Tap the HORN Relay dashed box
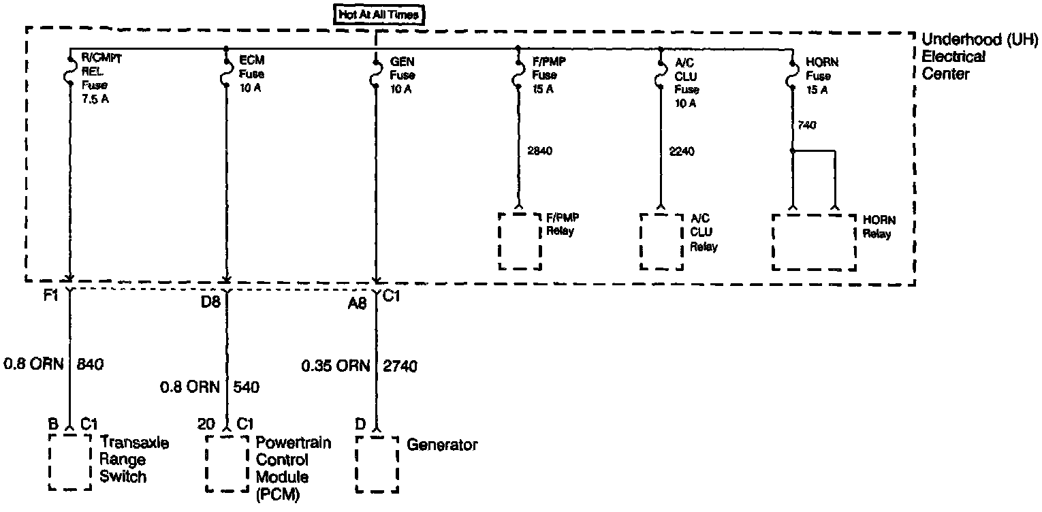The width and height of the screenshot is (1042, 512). click(813, 242)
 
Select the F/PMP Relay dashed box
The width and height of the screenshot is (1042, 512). click(520, 241)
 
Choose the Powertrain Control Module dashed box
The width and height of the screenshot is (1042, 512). click(227, 462)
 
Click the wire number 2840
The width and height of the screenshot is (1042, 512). click(539, 150)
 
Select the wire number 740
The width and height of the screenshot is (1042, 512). click(808, 125)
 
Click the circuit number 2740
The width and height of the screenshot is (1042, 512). click(400, 366)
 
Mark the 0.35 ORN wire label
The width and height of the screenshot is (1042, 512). click(335, 366)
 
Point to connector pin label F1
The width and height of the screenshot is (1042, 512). click(50, 298)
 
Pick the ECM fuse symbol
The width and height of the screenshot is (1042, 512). click(226, 75)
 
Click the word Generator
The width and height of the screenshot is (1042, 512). click(442, 445)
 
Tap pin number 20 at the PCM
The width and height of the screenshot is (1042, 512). click(206, 423)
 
